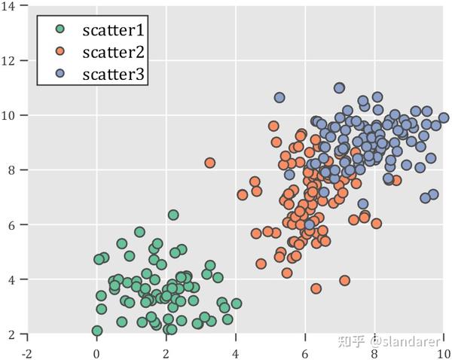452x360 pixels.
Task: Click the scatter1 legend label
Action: point(112,30)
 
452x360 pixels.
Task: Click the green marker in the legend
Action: point(61,30)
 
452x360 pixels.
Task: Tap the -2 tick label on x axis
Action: point(27,351)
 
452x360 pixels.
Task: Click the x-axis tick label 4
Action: point(236,351)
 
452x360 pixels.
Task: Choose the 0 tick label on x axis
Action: point(96,351)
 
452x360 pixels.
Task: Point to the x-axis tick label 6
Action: point(305,351)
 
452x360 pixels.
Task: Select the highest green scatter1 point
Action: point(173,215)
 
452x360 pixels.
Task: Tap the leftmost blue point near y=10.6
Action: point(279,98)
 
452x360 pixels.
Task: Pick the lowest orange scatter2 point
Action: point(316,288)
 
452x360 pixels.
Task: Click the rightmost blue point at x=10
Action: point(444,117)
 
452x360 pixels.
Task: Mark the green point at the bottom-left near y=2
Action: point(96,331)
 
